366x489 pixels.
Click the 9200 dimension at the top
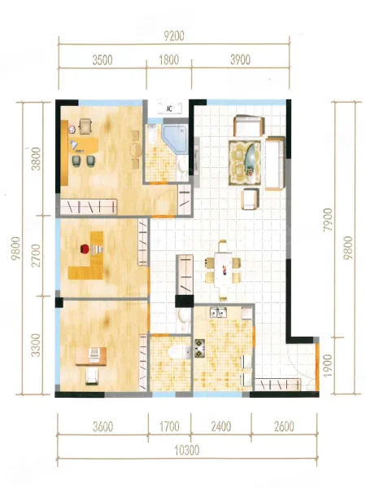point(174,36)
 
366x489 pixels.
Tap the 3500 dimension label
point(102,59)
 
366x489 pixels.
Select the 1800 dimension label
point(169,59)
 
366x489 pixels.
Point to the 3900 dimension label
point(240,59)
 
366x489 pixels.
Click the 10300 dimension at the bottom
point(187,450)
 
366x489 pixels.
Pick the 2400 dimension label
point(221,426)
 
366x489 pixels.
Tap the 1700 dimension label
point(169,426)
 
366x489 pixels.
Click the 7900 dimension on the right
point(328,219)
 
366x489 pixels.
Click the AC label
point(169,109)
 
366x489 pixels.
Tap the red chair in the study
point(85,249)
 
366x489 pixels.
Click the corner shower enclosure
point(176,139)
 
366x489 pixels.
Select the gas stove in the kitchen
point(199,348)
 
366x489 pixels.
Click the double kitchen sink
point(218,311)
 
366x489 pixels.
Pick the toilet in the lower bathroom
point(180,352)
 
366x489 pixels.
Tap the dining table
point(223,271)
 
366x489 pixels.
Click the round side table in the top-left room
point(136,150)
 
